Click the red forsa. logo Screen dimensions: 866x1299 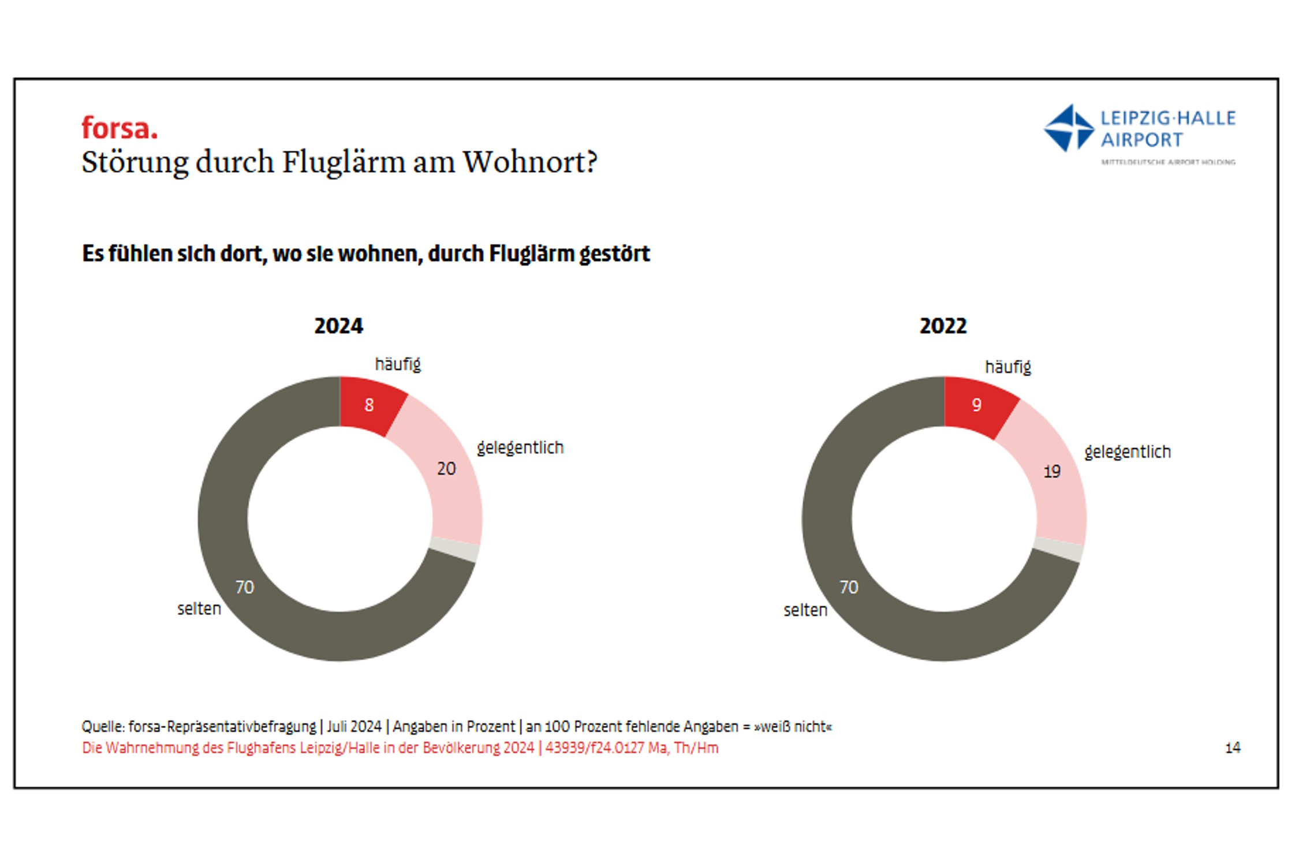[119, 128]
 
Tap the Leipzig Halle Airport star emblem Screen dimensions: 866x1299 [1069, 128]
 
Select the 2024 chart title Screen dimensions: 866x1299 [338, 326]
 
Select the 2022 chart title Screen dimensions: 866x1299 [943, 326]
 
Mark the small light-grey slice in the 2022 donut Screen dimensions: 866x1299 [1059, 548]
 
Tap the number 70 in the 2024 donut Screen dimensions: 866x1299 [244, 587]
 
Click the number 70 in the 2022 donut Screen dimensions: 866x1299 [849, 587]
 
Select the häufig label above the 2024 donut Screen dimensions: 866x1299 [398, 364]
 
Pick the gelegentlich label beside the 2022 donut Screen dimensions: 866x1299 [1127, 451]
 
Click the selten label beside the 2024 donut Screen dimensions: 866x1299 [199, 609]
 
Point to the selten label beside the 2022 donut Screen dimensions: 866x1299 [805, 610]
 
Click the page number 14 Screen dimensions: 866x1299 [1233, 748]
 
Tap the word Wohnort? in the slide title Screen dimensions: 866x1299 [530, 162]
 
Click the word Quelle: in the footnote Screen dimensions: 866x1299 [103, 726]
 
